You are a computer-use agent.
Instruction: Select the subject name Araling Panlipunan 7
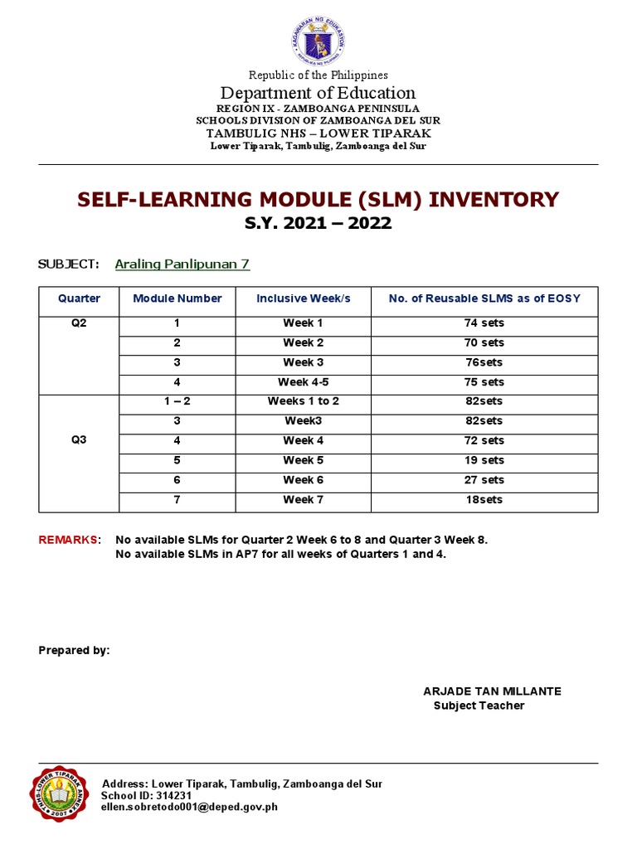click(182, 264)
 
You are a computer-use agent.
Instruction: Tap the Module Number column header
click(177, 298)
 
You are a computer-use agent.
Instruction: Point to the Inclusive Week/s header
click(303, 298)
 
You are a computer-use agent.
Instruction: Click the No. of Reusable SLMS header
click(484, 298)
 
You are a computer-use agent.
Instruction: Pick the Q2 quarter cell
click(79, 323)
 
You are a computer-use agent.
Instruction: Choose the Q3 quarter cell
click(79, 441)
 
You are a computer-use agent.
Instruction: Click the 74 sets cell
click(484, 323)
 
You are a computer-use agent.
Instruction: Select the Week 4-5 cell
click(303, 382)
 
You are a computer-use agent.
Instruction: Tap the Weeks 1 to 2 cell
click(303, 401)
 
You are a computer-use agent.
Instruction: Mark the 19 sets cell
click(484, 460)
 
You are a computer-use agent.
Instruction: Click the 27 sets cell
click(484, 480)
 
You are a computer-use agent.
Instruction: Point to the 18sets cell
click(484, 500)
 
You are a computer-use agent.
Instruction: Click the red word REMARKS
click(68, 540)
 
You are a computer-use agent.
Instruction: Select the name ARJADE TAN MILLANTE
click(492, 691)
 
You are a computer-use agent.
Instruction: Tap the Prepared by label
click(74, 650)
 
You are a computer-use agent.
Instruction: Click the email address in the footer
click(189, 807)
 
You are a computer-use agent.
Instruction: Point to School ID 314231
click(146, 795)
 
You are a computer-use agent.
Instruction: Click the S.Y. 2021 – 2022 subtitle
click(318, 224)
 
